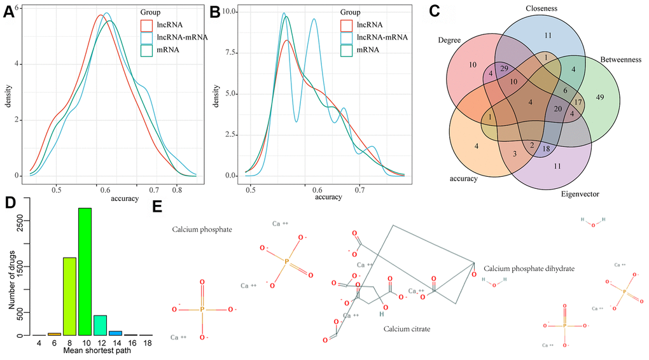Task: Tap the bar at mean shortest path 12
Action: tap(100, 325)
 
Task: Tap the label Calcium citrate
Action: tap(407, 329)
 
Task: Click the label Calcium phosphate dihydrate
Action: tap(529, 269)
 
